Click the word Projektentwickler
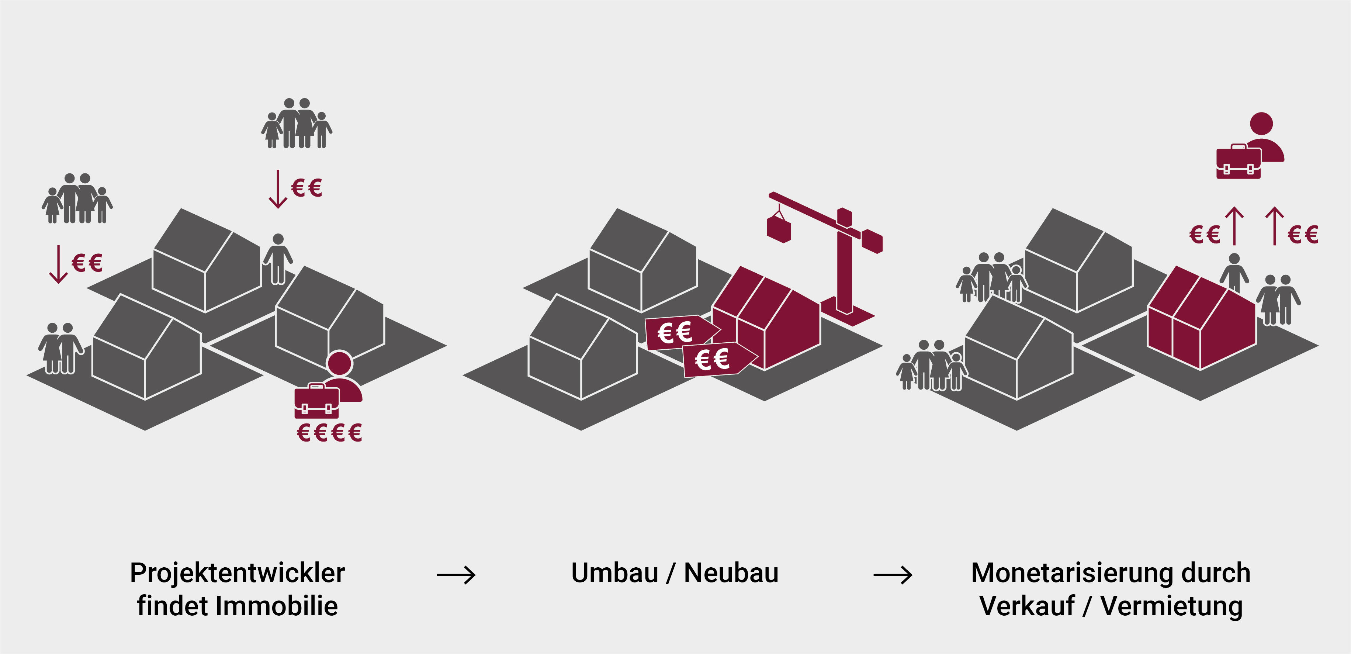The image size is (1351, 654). point(237,573)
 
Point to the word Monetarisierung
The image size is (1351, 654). point(1073,573)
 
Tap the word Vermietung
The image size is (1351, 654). point(1171,606)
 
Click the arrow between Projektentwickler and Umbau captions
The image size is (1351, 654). point(456,575)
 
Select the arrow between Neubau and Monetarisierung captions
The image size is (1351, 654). point(893,575)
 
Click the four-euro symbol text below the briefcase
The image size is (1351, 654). point(329,433)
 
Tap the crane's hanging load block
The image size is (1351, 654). point(779,229)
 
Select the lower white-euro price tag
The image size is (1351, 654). point(717,359)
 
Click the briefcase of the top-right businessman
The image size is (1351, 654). point(1238,163)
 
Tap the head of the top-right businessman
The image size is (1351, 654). point(1261,123)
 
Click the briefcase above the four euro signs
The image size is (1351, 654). point(316,402)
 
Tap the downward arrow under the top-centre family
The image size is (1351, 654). point(278,189)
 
